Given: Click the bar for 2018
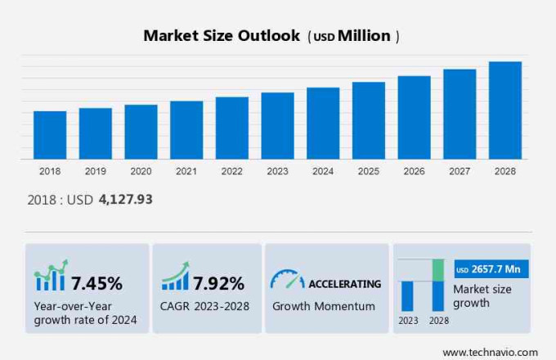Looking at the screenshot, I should [x=50, y=135].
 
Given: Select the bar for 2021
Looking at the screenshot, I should [x=186, y=130].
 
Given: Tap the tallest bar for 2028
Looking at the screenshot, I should [x=505, y=110].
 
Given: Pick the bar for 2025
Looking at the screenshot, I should [x=369, y=120].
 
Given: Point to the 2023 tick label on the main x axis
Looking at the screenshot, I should [x=277, y=171].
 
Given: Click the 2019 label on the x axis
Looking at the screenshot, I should [x=95, y=171].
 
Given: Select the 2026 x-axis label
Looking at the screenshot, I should [x=414, y=171].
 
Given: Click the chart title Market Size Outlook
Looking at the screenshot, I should [x=222, y=36].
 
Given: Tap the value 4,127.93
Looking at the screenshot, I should [x=125, y=199].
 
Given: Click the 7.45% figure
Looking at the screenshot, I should [x=96, y=284].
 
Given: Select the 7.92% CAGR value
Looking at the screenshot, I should [x=218, y=284].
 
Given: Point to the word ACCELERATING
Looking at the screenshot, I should [x=344, y=284].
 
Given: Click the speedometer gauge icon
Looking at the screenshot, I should [x=287, y=280].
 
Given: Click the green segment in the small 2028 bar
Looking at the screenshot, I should [x=438, y=270].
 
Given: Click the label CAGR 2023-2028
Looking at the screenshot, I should [x=203, y=307].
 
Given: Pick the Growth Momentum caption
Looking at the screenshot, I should [x=324, y=306].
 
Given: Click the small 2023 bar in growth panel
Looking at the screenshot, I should [x=407, y=295].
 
